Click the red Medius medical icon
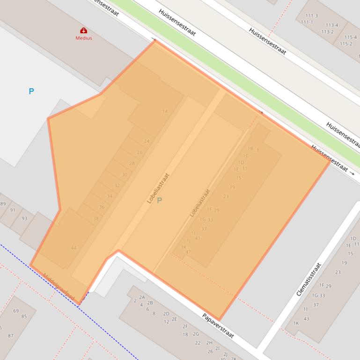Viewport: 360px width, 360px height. point(84,31)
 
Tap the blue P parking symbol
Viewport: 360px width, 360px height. point(31,91)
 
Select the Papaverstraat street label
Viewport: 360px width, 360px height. point(218,326)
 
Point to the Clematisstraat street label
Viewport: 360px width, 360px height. point(309,279)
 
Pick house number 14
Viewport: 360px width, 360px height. point(165,111)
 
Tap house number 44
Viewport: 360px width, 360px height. point(73,248)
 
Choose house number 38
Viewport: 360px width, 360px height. point(96,219)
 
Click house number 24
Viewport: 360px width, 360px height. point(147,141)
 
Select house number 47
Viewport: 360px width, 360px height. point(189,252)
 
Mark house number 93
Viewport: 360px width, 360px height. point(24,218)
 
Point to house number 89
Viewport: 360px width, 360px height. point(3,204)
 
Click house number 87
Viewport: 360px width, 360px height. point(11,336)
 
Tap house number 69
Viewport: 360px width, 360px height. point(16,311)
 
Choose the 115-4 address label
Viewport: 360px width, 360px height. point(351,37)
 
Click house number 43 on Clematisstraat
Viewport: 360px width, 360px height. point(307,319)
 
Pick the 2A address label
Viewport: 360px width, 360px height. point(142,297)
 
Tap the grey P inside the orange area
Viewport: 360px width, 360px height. point(159,201)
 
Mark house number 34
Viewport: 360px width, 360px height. point(110,196)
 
